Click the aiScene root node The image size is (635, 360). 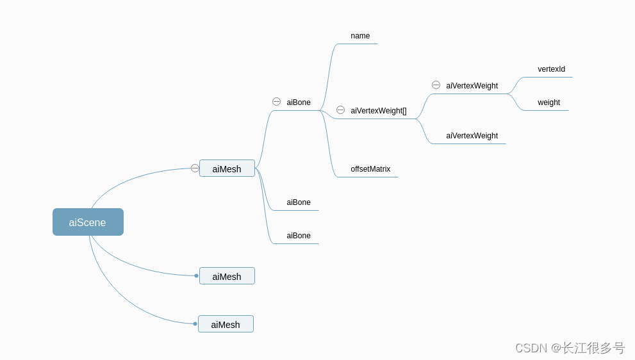click(88, 222)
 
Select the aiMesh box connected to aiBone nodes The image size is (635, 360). click(227, 168)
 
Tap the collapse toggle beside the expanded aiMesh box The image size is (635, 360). click(195, 168)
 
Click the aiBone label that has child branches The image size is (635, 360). click(299, 102)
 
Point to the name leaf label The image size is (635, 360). click(360, 36)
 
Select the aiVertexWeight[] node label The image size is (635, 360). click(379, 111)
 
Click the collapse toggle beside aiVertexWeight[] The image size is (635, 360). click(340, 110)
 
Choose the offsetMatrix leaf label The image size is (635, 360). click(370, 169)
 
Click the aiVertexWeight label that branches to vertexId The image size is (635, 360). click(472, 86)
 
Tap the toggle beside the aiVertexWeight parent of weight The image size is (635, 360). click(436, 85)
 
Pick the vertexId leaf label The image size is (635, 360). click(551, 69)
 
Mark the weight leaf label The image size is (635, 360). click(548, 102)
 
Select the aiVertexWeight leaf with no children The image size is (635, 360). click(472, 136)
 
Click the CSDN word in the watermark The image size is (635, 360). click(531, 348)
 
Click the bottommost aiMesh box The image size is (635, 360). click(226, 324)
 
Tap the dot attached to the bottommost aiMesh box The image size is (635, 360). click(195, 323)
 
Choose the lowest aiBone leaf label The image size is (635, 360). click(299, 236)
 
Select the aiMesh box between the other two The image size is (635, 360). click(227, 276)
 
